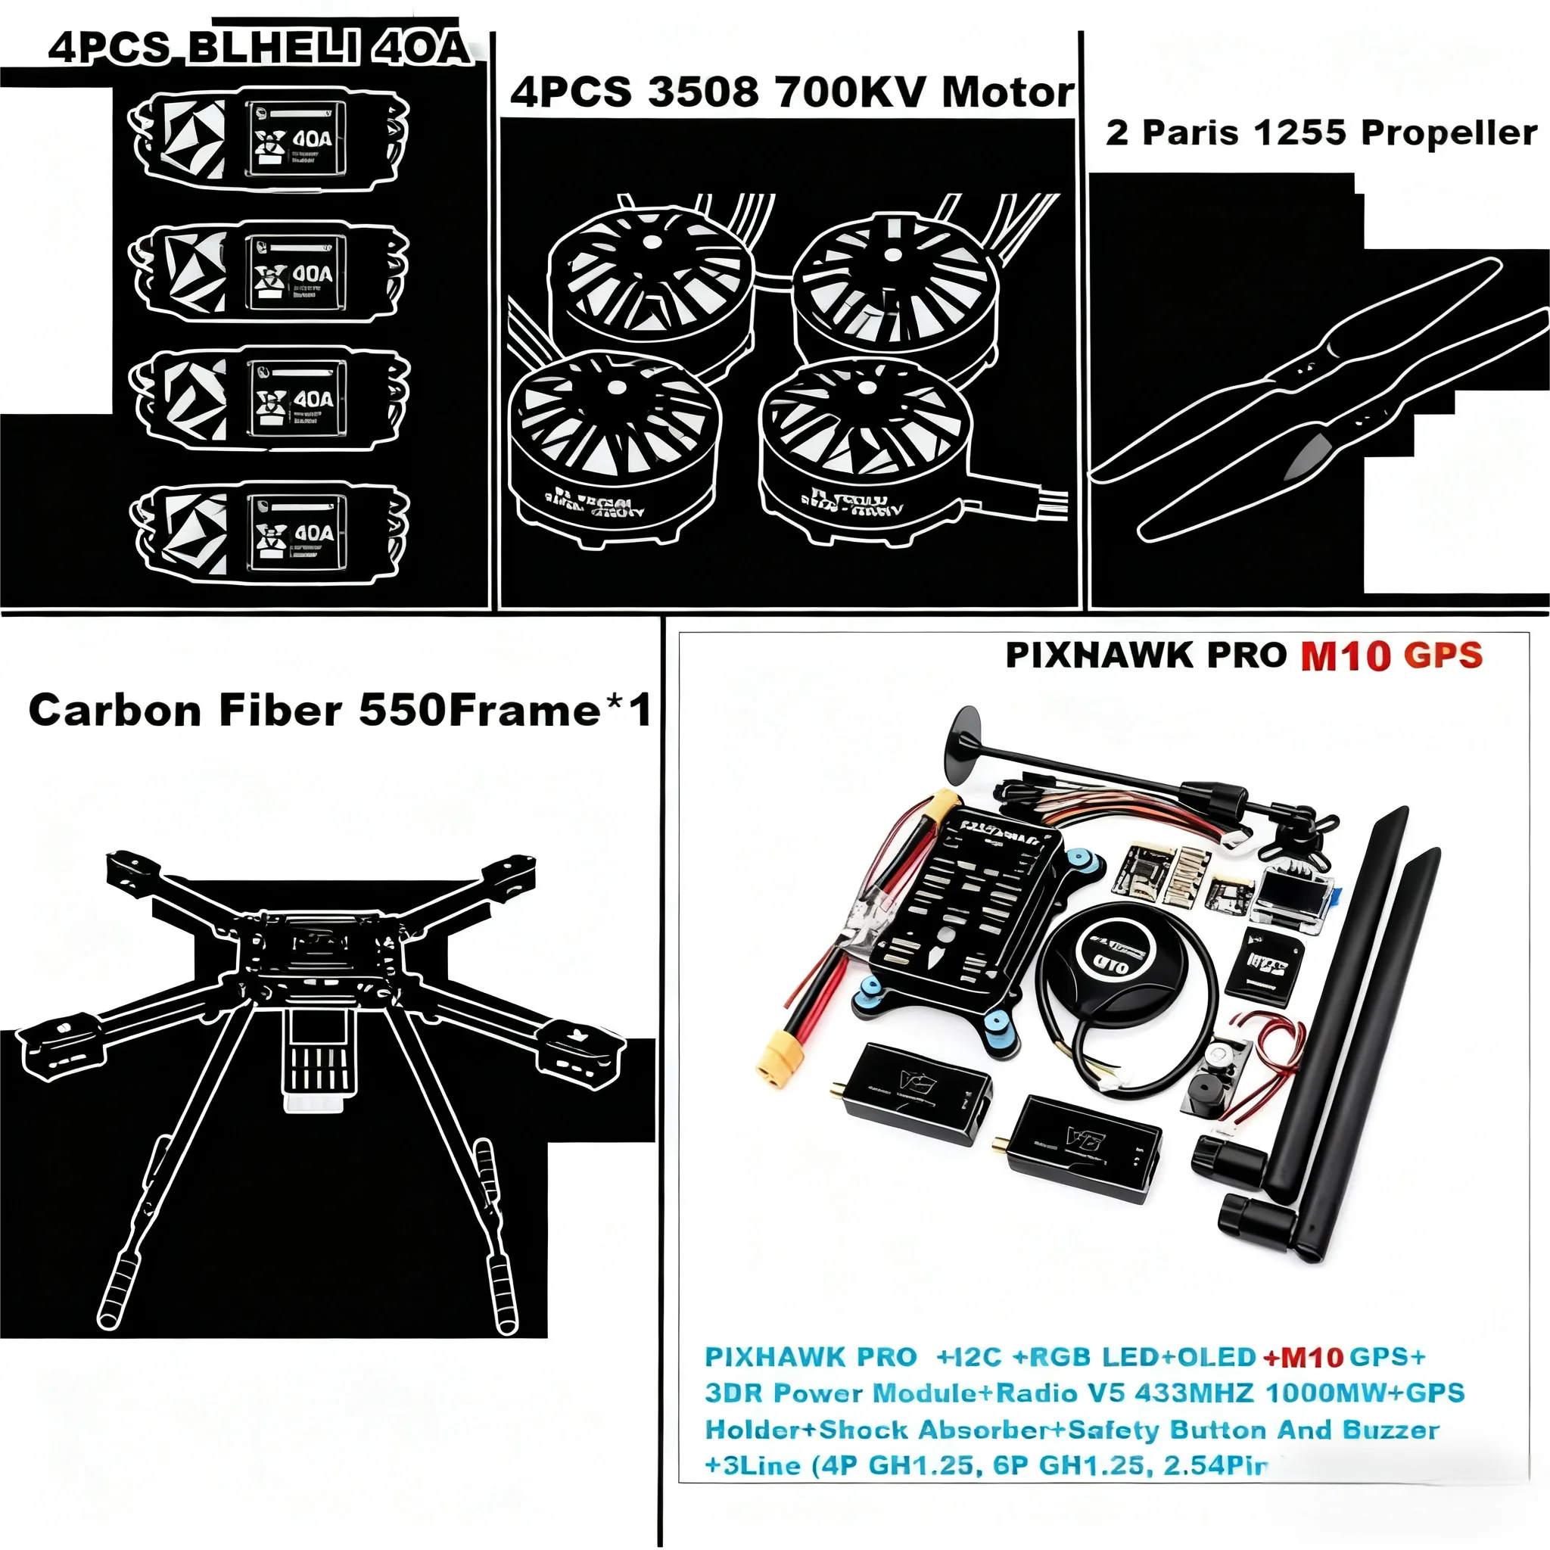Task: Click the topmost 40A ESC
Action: (x=269, y=138)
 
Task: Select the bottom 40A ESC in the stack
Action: (x=269, y=531)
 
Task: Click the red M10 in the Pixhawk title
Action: (x=1345, y=656)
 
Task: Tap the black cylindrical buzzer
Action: (x=1204, y=1096)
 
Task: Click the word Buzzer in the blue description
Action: (x=1390, y=1430)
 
